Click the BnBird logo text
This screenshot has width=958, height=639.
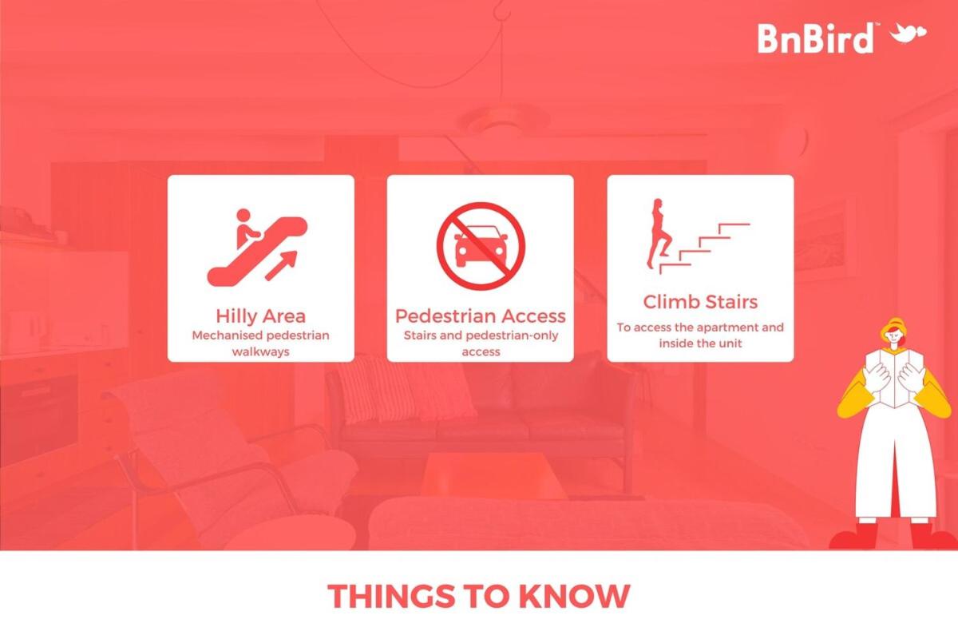816,38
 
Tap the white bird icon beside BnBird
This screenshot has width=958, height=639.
908,34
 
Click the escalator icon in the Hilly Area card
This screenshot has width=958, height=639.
257,248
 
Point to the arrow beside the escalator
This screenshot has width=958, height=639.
281,266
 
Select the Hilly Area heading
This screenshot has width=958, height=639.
261,316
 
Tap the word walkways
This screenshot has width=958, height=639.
261,351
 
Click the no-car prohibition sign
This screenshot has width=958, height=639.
481,246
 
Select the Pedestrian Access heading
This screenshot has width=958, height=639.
481,316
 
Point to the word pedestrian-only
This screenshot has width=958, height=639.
512,335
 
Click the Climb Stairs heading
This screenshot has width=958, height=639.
701,302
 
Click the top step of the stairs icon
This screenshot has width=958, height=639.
734,224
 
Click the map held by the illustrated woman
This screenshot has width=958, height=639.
895,379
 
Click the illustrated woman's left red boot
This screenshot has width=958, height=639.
854,536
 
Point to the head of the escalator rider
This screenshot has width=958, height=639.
243,215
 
